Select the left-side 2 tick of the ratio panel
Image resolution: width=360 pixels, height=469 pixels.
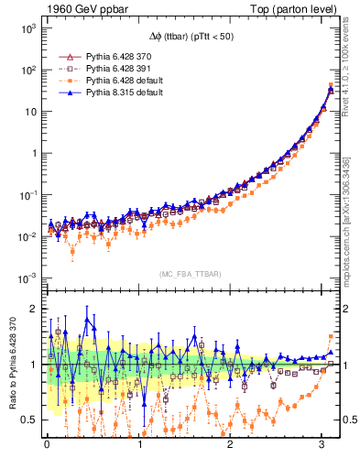(33, 309)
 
